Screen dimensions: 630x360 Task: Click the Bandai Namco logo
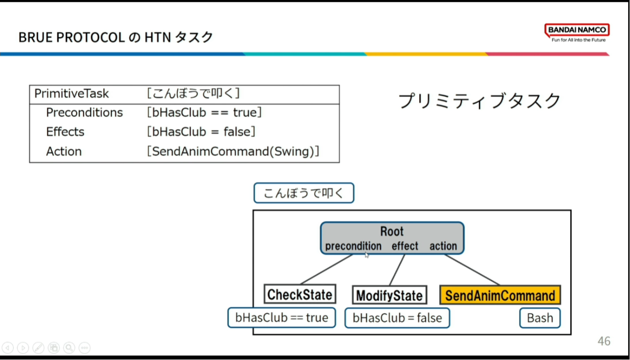tap(577, 32)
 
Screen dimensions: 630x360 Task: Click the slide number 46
tap(604, 341)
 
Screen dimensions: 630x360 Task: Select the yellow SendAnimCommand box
tap(500, 295)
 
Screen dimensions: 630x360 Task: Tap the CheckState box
tap(300, 294)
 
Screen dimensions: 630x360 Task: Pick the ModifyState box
tap(390, 295)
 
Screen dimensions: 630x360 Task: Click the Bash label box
tap(540, 318)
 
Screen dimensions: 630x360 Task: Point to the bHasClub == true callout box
tap(281, 318)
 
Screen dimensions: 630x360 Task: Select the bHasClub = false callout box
tap(397, 318)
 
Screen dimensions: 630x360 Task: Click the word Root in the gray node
tap(392, 231)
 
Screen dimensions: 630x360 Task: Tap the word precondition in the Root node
tap(353, 246)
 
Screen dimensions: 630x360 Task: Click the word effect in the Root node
tap(405, 246)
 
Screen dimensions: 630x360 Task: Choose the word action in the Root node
tap(443, 246)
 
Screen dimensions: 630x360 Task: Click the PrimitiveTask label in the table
tap(72, 93)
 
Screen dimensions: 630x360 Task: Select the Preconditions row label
tap(84, 113)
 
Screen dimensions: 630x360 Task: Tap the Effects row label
tap(65, 132)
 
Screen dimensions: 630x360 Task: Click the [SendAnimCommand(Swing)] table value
tap(233, 151)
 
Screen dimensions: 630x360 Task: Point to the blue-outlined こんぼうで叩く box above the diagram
tap(304, 193)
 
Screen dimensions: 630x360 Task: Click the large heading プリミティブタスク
tap(479, 101)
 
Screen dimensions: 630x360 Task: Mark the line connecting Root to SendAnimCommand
tap(472, 270)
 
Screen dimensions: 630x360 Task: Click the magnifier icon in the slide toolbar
tap(69, 348)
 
